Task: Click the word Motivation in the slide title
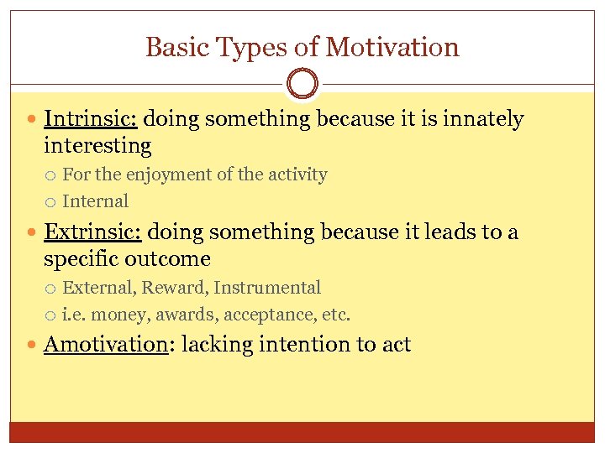(392, 47)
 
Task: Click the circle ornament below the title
(302, 84)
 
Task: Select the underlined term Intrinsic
(90, 119)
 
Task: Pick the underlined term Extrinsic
(92, 232)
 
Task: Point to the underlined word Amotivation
(106, 344)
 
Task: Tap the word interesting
(97, 146)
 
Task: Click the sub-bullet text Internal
(96, 201)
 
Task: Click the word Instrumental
(267, 288)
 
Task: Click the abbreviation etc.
(336, 315)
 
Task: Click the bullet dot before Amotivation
(32, 345)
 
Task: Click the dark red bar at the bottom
(302, 431)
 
